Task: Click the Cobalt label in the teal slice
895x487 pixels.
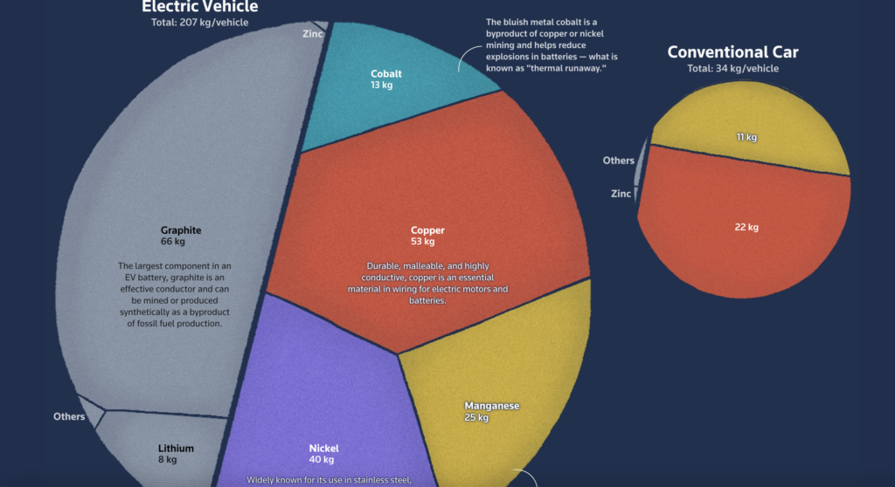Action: click(386, 74)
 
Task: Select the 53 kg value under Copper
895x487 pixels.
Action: click(422, 241)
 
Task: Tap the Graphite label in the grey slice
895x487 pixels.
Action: click(181, 230)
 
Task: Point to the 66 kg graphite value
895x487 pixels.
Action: click(173, 241)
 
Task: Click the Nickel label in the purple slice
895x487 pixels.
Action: click(323, 449)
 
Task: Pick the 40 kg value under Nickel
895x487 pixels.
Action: click(322, 460)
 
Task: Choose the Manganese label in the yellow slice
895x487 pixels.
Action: click(492, 406)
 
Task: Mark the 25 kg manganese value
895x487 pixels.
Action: click(476, 417)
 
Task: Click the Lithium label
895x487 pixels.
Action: click(176, 449)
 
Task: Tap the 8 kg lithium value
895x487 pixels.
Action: click(167, 460)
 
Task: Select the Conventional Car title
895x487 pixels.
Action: click(732, 52)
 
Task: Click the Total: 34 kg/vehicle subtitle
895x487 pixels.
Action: click(732, 68)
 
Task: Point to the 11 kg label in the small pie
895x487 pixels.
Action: click(746, 137)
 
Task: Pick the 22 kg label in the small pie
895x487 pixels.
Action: click(746, 228)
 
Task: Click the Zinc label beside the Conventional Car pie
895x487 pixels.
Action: click(621, 194)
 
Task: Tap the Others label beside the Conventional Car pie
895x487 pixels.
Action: click(618, 161)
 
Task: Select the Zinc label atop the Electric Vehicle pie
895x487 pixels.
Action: click(312, 34)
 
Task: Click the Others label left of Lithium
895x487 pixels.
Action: click(69, 416)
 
